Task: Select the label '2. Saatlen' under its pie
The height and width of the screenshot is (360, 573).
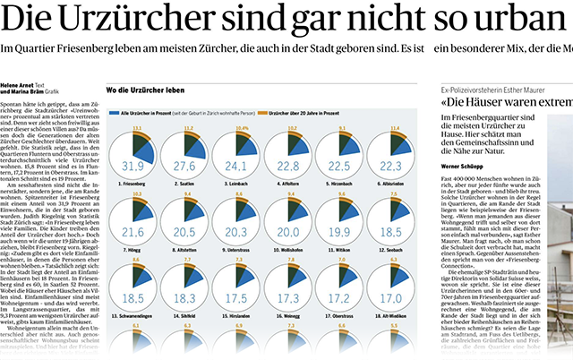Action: [183, 183]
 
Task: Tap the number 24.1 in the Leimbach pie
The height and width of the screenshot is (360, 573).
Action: [235, 166]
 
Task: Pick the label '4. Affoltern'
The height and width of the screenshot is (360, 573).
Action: [287, 183]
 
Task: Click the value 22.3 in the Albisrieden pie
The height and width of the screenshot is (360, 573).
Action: [391, 166]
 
